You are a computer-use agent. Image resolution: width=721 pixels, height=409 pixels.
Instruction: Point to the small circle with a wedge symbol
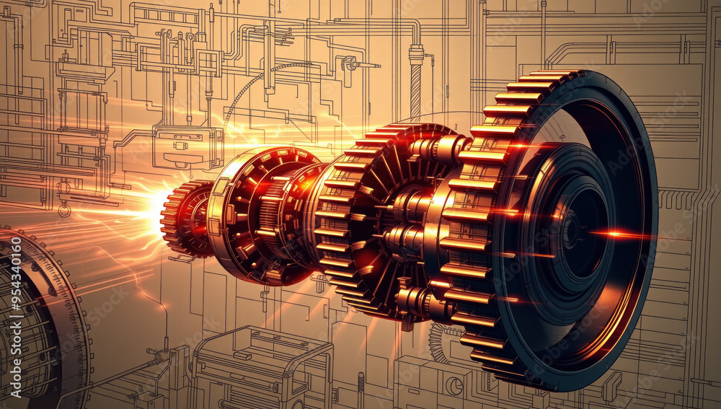click(x=454, y=385)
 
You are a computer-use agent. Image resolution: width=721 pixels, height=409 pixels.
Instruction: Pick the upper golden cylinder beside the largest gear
click(x=440, y=149)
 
